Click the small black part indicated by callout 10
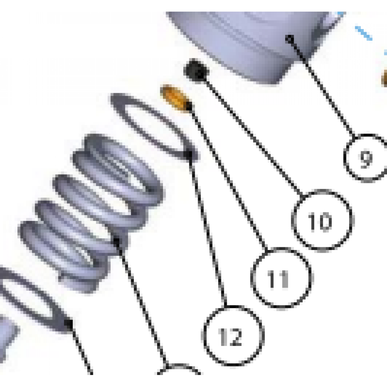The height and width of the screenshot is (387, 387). (196, 70)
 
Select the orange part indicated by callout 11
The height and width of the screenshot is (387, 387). (175, 98)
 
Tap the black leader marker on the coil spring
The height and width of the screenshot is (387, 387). (116, 242)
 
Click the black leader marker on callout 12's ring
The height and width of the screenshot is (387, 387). (188, 155)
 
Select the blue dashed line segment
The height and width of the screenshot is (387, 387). (363, 33)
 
